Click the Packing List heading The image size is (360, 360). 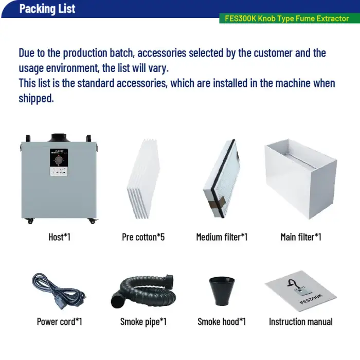click(x=47, y=9)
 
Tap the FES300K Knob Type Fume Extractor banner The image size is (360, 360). click(x=287, y=19)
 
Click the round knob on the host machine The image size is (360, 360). click(x=59, y=160)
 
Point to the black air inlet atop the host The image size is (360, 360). click(x=59, y=137)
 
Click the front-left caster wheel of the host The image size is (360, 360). click(x=30, y=221)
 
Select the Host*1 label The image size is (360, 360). click(x=60, y=237)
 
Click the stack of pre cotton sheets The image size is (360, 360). click(x=143, y=178)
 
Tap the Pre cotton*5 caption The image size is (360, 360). click(x=143, y=237)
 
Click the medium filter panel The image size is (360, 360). click(x=222, y=178)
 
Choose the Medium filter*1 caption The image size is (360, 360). click(x=222, y=237)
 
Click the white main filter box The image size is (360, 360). click(x=301, y=178)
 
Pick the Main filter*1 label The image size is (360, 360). click(x=301, y=237)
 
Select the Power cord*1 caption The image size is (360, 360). click(x=60, y=321)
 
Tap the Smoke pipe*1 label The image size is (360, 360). click(x=143, y=321)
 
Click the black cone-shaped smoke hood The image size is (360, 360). click(x=222, y=291)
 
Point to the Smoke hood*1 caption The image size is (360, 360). click(x=222, y=321)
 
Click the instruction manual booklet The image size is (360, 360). click(x=301, y=291)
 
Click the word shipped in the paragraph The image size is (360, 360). click(x=37, y=98)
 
